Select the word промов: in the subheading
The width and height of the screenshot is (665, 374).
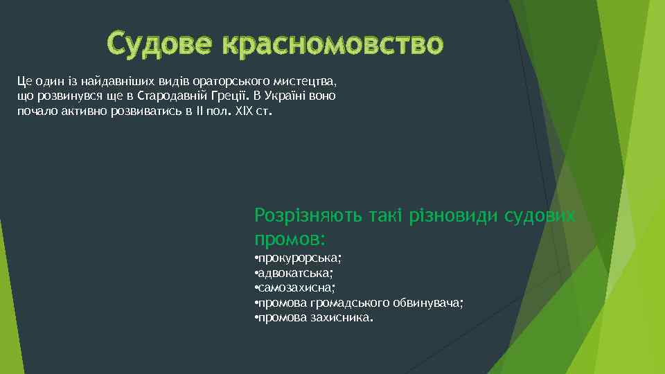[290, 240]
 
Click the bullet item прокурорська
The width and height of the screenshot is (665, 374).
[301, 258]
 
